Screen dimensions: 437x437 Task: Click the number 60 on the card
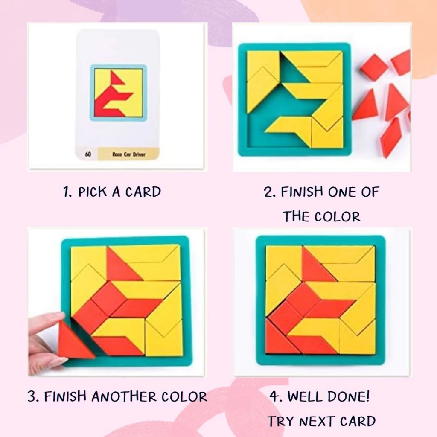88,154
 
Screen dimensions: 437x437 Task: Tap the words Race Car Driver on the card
129,154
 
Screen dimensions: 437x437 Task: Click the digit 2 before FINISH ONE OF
268,192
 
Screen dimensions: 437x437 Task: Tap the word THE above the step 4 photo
296,216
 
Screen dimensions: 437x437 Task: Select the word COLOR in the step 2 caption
337,216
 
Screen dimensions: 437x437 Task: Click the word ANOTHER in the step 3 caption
124,396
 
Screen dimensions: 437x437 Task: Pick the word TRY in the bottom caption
281,421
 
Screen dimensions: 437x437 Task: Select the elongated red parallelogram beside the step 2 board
390,137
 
